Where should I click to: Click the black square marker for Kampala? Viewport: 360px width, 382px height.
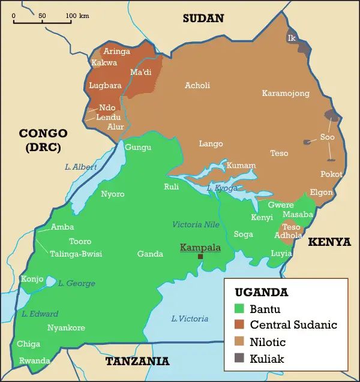pyautogui.click(x=200, y=257)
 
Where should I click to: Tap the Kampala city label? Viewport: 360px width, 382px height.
pyautogui.click(x=200, y=247)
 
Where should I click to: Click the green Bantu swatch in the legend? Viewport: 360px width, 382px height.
pyautogui.click(x=239, y=309)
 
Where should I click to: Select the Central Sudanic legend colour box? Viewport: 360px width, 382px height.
pyautogui.click(x=239, y=325)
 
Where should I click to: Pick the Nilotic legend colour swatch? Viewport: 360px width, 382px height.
pyautogui.click(x=239, y=342)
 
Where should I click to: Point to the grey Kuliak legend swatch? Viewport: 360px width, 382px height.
pyautogui.click(x=239, y=359)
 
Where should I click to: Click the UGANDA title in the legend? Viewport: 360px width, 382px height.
pyautogui.click(x=261, y=293)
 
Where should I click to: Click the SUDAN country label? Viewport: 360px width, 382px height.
pyautogui.click(x=203, y=19)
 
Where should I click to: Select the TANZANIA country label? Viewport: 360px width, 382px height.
pyautogui.click(x=137, y=361)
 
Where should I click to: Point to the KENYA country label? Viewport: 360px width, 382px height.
pyautogui.click(x=329, y=242)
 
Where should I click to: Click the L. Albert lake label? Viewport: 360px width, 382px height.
pyautogui.click(x=80, y=167)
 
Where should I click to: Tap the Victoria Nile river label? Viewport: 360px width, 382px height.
pyautogui.click(x=196, y=224)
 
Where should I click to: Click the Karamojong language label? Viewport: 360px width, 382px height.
pyautogui.click(x=286, y=93)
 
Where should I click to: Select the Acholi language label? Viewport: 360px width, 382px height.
pyautogui.click(x=197, y=85)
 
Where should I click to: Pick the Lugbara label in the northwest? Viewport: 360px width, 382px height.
pyautogui.click(x=105, y=86)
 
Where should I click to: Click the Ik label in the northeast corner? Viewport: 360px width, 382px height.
pyautogui.click(x=292, y=38)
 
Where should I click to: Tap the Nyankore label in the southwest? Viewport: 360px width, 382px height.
pyautogui.click(x=66, y=327)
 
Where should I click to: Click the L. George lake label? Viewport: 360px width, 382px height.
pyautogui.click(x=77, y=283)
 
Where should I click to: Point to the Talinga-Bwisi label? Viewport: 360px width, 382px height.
pyautogui.click(x=76, y=254)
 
